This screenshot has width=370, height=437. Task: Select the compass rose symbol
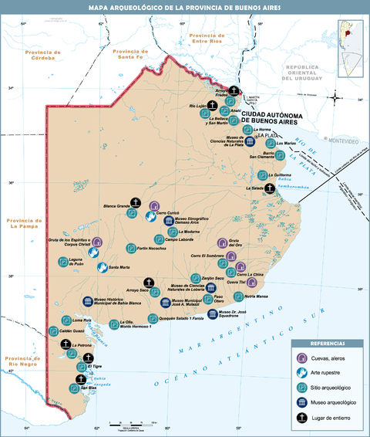coord(336,97)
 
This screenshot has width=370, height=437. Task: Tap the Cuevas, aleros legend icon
coord(304,357)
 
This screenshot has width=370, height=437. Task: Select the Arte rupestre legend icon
coord(304,372)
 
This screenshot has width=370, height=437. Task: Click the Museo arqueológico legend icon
coord(304,401)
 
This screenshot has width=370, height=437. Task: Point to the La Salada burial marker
coord(269,188)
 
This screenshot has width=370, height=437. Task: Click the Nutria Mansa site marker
coord(239,296)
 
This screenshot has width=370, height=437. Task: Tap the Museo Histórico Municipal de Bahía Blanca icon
coord(87,301)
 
